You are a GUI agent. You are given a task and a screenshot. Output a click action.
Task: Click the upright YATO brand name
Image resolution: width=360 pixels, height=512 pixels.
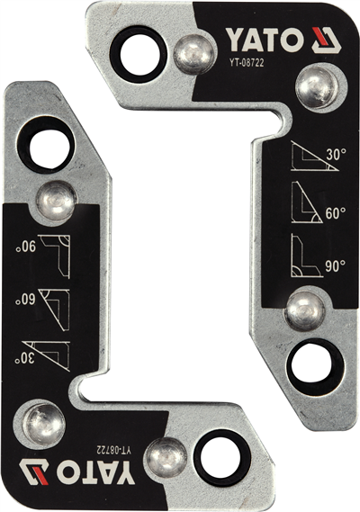click(x=265, y=40)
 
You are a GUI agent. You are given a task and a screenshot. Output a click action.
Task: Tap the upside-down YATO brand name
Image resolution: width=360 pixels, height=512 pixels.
click(x=95, y=472)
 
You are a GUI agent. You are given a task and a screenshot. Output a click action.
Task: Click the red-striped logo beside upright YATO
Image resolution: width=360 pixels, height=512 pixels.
click(x=327, y=40)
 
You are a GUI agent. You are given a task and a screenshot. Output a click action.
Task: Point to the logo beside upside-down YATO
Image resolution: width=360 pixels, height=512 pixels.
click(x=34, y=472)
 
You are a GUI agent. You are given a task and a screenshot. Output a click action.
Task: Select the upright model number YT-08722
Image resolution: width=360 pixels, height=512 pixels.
click(x=247, y=63)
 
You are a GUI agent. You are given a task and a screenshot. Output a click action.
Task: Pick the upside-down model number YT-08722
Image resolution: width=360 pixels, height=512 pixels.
click(x=114, y=450)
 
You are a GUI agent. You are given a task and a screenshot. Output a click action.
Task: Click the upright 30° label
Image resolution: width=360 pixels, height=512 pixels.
click(x=336, y=154)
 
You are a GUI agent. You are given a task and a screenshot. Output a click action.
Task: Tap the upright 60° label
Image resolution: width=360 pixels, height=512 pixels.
click(x=336, y=213)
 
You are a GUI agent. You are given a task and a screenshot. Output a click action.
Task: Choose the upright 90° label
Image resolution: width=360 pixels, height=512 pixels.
click(x=335, y=266)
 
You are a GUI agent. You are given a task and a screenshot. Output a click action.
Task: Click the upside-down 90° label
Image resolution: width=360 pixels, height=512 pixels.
click(x=26, y=247)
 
